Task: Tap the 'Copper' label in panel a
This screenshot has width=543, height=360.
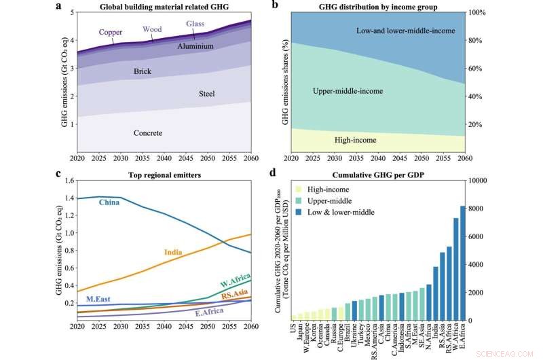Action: coord(111,32)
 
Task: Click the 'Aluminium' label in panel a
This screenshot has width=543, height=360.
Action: coord(195,46)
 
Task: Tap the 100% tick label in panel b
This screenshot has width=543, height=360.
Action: coord(477,12)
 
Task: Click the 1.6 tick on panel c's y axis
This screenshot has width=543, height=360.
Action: coord(68,181)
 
